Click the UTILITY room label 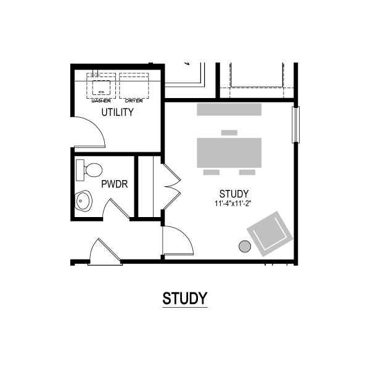coord(118,112)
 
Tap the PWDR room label coord(115,184)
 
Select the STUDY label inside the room coord(234,194)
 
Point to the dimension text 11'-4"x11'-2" coord(232,203)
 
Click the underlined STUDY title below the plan coord(185,298)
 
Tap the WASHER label coord(101,101)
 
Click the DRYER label coord(134,101)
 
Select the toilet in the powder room coord(89,170)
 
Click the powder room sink coord(83,201)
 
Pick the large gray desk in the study coord(229,153)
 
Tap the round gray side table coord(245,246)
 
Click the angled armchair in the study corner coord(270,234)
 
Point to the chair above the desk coord(229,133)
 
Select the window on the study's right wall coord(295,125)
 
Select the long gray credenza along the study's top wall coord(229,110)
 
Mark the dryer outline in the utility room coord(134,86)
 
